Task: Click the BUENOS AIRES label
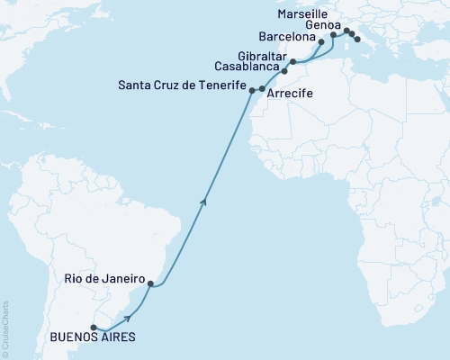(x=94, y=337)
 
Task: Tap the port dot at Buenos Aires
(x=94, y=328)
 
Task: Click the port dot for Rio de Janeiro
(x=150, y=284)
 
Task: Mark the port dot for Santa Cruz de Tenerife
(x=251, y=90)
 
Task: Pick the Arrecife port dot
(x=262, y=89)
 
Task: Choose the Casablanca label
(x=246, y=66)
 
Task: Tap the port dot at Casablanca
(x=284, y=70)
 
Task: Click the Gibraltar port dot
(x=293, y=62)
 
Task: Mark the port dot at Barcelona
(x=321, y=42)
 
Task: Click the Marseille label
(x=303, y=14)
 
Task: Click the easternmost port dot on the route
(x=358, y=39)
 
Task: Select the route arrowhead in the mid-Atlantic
(x=205, y=200)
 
